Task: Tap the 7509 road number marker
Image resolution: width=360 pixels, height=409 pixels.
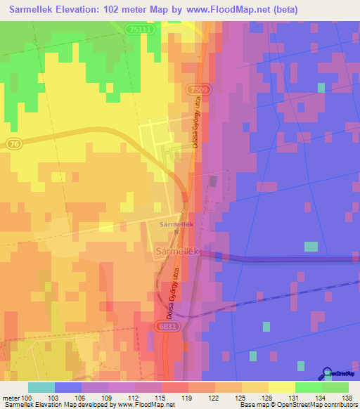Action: [x=198, y=89]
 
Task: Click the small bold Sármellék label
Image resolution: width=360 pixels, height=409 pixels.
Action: [x=176, y=224]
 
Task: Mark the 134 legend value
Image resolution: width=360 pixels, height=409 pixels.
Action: [x=321, y=398]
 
